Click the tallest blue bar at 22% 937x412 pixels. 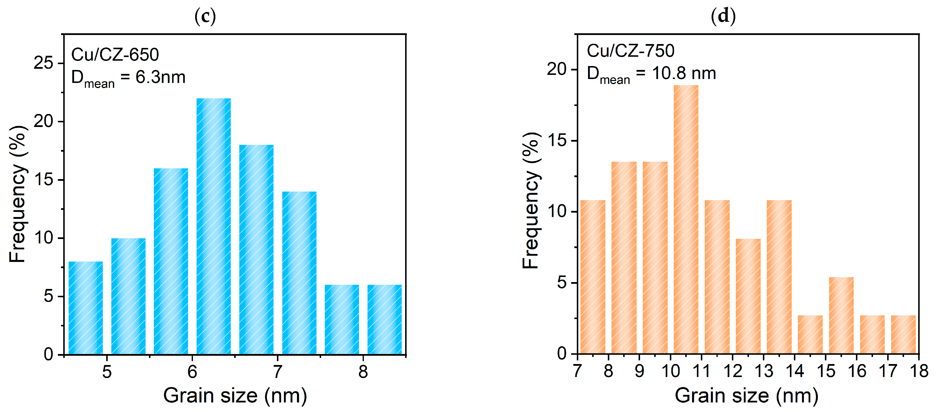click(213, 226)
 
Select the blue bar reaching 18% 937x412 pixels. click(256, 250)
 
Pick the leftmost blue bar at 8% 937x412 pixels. click(85, 308)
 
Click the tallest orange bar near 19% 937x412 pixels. click(686, 218)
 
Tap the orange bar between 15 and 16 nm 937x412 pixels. click(841, 315)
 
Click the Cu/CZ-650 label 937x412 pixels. click(115, 55)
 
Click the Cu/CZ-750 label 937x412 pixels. click(630, 51)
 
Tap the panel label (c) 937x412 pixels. click(205, 16)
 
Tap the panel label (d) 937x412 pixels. click(723, 16)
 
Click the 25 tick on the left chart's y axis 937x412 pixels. click(43, 63)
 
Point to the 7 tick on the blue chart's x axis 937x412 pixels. click(278, 372)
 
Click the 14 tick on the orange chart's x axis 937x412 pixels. click(795, 371)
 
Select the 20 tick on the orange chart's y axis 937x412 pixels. click(557, 69)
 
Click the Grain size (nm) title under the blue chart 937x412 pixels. click(235, 396)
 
